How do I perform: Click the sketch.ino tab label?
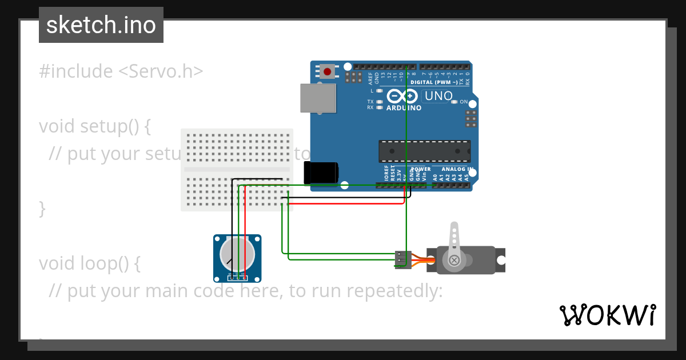coord(101,25)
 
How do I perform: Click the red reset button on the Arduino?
coord(327,72)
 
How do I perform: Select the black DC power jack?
coord(321,173)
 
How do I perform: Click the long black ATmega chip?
coord(424,151)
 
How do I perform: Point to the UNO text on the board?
coord(438,96)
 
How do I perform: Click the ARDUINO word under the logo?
coord(404,108)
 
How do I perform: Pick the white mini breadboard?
coord(237,170)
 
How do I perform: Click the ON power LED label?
coord(464,102)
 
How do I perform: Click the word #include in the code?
coord(76,71)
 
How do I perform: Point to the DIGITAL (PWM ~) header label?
coord(438,82)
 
